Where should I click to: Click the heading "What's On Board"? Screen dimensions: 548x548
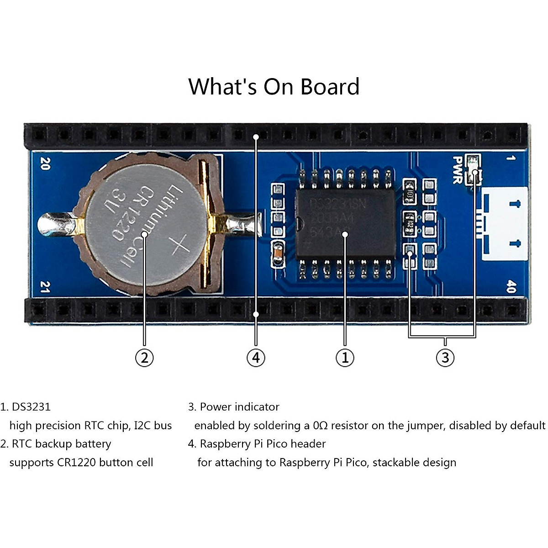[x=274, y=87]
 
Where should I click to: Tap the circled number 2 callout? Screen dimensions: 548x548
[x=144, y=358]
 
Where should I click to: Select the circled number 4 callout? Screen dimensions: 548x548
[x=256, y=358]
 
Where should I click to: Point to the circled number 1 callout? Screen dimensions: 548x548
[x=345, y=358]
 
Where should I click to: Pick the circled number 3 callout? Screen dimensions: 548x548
[x=445, y=358]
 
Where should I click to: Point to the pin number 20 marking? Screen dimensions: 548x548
[x=45, y=163]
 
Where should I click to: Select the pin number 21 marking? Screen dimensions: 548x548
[x=45, y=287]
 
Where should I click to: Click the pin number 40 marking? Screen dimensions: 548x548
[x=511, y=287]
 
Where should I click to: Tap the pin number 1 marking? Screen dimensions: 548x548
[x=511, y=158]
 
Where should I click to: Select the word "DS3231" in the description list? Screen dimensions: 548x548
[x=31, y=407]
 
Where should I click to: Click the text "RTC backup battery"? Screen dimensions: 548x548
[x=61, y=444]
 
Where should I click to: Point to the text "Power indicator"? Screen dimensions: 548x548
[x=239, y=407]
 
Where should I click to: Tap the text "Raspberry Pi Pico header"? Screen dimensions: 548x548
[x=263, y=444]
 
